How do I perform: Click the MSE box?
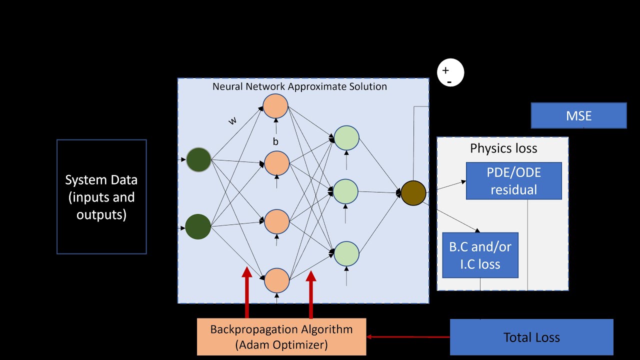(578, 116)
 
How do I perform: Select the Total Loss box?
(531, 337)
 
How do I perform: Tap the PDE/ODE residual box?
(513, 181)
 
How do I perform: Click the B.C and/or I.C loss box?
(480, 255)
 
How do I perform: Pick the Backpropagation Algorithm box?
(281, 337)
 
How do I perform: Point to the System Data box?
(101, 197)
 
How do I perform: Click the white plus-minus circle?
(450, 73)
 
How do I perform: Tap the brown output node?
(413, 193)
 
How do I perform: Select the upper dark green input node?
(198, 160)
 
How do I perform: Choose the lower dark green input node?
(198, 226)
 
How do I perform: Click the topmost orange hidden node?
(275, 106)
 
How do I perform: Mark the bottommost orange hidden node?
(277, 280)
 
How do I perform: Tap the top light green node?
(346, 138)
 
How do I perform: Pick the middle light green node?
(345, 191)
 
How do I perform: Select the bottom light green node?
(346, 253)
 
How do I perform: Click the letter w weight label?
(232, 120)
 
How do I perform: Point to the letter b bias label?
(275, 142)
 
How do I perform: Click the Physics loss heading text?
(503, 148)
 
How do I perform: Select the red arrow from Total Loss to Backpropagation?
(408, 337)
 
